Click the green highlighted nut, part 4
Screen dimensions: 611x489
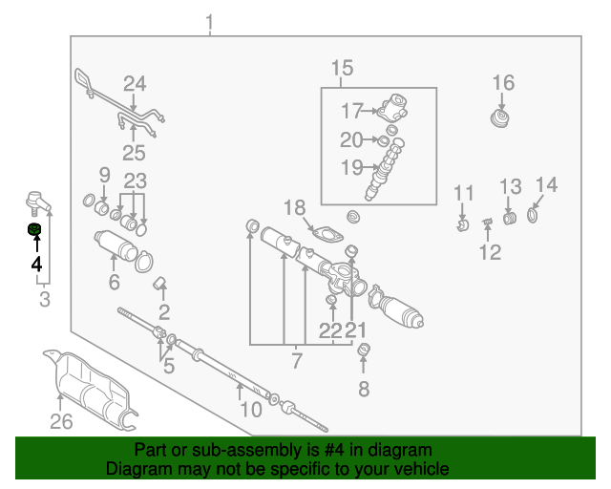(x=34, y=229)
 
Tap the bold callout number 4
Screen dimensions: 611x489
(x=36, y=264)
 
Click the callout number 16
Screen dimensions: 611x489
(x=503, y=83)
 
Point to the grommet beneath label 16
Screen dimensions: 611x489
(x=500, y=118)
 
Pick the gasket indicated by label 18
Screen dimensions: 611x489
(x=327, y=234)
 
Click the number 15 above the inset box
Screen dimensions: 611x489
(x=342, y=68)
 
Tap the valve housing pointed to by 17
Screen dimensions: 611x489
(x=393, y=107)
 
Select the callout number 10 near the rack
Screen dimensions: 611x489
(x=251, y=410)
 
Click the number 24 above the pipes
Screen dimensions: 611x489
(x=135, y=84)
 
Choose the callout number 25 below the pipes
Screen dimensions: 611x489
(x=134, y=153)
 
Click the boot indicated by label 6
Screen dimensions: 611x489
(x=116, y=245)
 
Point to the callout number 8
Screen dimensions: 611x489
(x=364, y=389)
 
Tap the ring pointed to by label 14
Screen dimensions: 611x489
(x=533, y=215)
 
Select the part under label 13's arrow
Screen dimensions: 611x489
(x=509, y=218)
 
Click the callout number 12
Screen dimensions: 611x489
(x=490, y=252)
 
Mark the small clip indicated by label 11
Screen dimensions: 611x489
(x=462, y=225)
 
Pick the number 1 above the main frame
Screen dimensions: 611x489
(x=210, y=23)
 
